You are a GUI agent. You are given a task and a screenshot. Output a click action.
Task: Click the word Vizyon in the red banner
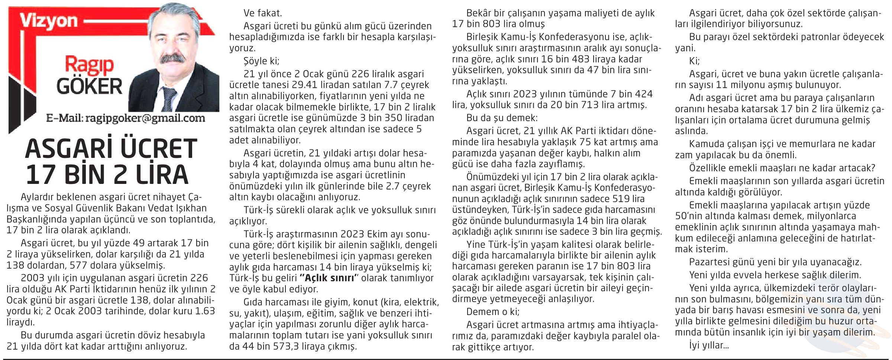[x=49, y=21]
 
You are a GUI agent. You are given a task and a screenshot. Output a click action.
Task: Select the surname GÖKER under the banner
[x=89, y=87]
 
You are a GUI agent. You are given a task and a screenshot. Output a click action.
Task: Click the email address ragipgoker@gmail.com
[x=145, y=118]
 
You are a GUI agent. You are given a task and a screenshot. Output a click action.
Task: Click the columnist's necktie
[x=169, y=98]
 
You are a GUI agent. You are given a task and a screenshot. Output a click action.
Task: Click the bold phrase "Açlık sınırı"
[x=327, y=278]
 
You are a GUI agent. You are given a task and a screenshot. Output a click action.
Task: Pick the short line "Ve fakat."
[x=263, y=13]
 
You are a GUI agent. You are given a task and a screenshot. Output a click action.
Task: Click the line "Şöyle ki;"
[x=261, y=61]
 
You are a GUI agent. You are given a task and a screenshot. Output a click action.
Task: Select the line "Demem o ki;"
[x=493, y=311]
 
